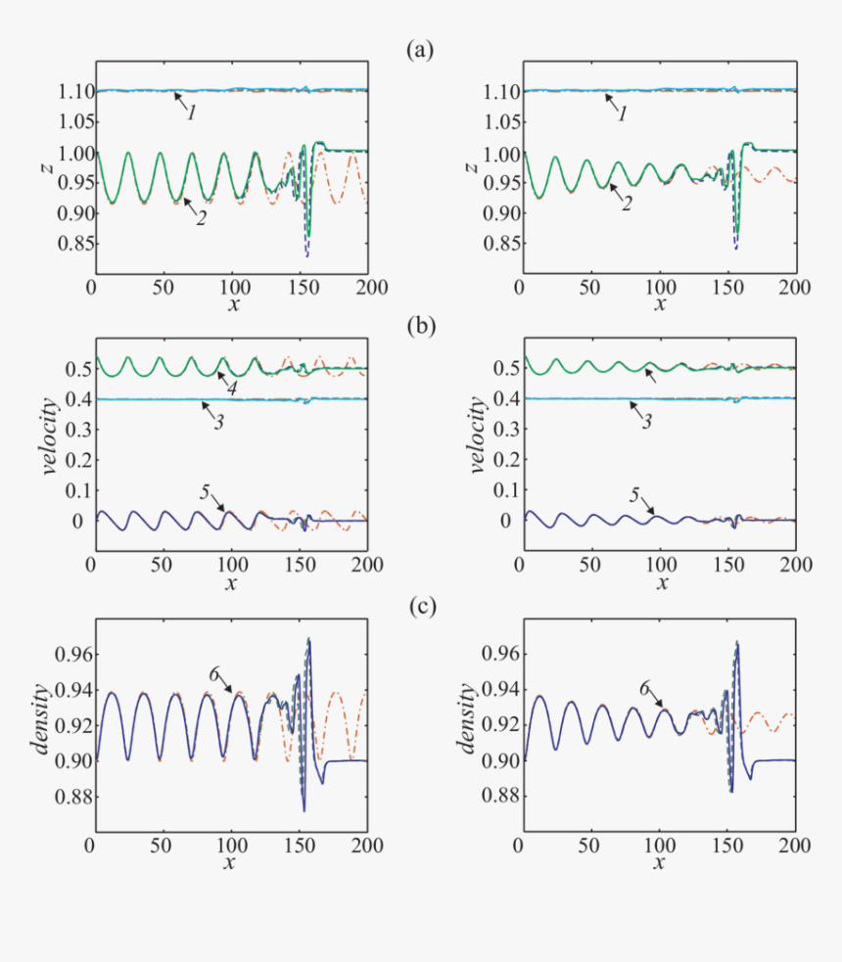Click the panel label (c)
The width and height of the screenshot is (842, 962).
pyautogui.click(x=420, y=607)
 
